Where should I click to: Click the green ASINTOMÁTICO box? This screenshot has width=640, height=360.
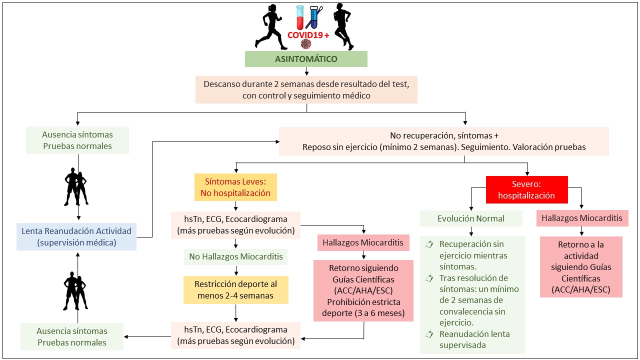[306, 59]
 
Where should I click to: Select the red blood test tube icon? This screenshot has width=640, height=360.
[300, 17]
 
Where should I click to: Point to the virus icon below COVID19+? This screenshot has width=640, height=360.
[305, 45]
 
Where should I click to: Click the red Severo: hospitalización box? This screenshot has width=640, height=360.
[526, 189]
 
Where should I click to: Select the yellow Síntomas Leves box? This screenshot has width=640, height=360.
[235, 187]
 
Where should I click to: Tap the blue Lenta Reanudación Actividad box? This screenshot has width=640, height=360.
[76, 236]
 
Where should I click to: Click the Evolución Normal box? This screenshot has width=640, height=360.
[471, 218]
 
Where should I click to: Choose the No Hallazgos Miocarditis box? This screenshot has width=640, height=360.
[235, 257]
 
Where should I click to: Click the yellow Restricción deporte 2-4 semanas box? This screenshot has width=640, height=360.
[235, 289]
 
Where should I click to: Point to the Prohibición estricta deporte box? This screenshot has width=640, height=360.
[363, 290]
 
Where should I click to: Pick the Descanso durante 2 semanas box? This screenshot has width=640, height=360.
[306, 89]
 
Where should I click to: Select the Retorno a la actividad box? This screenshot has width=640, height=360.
[581, 266]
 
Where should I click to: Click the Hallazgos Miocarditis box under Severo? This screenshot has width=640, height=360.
[581, 218]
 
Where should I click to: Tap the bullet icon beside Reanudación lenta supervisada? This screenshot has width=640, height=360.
[428, 334]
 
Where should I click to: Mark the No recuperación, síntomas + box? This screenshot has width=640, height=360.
[444, 141]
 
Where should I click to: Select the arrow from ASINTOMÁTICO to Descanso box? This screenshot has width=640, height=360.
[306, 70]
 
